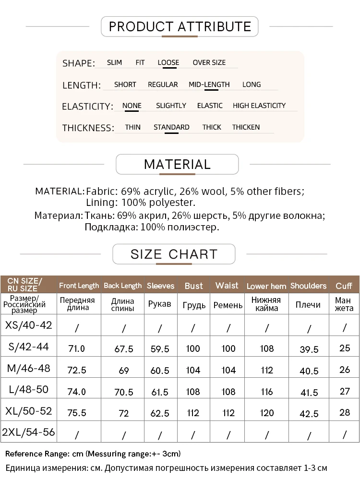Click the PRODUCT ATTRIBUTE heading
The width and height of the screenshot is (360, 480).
[x=180, y=26]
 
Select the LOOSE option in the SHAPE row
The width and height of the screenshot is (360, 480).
[x=168, y=62]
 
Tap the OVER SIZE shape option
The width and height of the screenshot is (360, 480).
[x=209, y=62]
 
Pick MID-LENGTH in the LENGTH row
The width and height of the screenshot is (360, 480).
[x=209, y=84]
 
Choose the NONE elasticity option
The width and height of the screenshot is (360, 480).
[x=132, y=106]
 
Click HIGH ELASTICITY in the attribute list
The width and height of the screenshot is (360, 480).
[x=259, y=106]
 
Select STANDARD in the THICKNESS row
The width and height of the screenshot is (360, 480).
[x=171, y=127]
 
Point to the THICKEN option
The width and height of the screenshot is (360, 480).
[x=246, y=127]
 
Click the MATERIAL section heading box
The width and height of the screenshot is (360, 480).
[x=177, y=164]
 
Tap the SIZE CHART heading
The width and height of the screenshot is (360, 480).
[x=174, y=254]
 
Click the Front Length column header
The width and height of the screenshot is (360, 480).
[x=79, y=286]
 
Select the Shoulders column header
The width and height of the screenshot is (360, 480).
[x=308, y=286]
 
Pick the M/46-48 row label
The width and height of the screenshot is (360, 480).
[x=28, y=369]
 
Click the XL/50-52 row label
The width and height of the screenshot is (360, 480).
[x=28, y=411]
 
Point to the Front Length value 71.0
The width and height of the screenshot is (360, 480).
[x=77, y=349]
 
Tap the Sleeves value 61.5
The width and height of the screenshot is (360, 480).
[x=160, y=392]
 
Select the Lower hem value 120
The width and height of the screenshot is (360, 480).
[x=266, y=413]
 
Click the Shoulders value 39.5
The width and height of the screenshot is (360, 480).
[x=309, y=349]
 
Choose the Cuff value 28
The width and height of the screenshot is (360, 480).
[x=344, y=412]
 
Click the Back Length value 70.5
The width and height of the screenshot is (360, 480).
[x=123, y=392]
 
